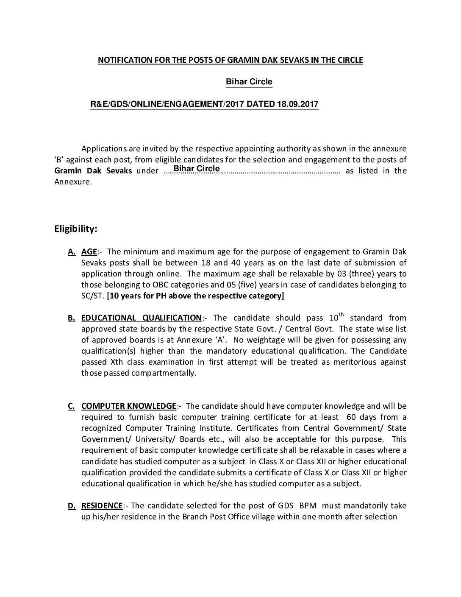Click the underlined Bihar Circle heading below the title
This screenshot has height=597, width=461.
pos(249,82)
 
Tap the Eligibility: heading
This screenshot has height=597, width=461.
pos(76,229)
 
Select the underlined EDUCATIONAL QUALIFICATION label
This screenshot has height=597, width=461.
pos(142,318)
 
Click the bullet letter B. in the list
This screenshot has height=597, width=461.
pos(72,318)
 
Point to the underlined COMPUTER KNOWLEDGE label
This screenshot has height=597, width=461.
pos(128,406)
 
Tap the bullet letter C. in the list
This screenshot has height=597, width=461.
pos(72,406)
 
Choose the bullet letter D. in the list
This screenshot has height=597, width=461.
pos(72,505)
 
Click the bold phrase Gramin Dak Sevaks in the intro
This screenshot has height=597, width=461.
pos(93,171)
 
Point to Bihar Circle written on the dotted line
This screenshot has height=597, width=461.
pos(197,169)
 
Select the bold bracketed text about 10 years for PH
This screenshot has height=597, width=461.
pos(195,296)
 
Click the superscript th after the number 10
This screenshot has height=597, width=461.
pos(341,314)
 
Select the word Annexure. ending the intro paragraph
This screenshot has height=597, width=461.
pos(72,182)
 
